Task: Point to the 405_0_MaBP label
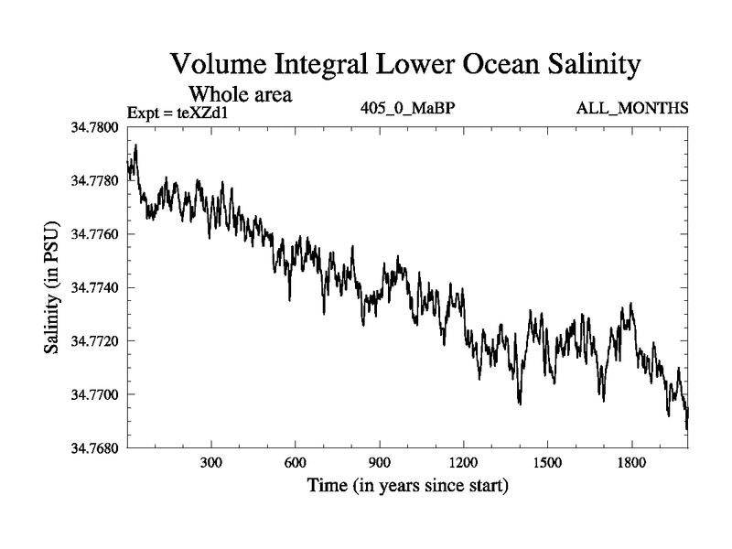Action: (408, 109)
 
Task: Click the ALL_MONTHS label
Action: (631, 109)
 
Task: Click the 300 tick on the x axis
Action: (211, 463)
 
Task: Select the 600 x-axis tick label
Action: (296, 463)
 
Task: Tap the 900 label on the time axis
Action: (380, 463)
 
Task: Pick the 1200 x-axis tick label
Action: (463, 463)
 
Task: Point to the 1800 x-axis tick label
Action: (631, 463)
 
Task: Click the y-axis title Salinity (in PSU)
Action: (51, 287)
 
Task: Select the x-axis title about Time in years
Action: (407, 485)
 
